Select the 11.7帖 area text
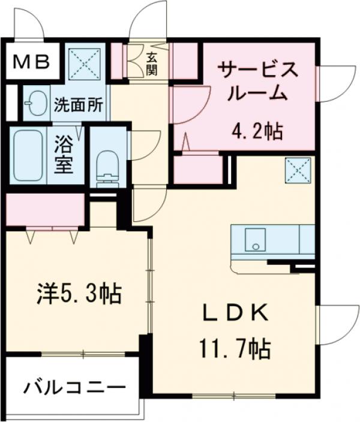point(234,347)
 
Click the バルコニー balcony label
point(75,388)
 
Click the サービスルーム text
point(257,81)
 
